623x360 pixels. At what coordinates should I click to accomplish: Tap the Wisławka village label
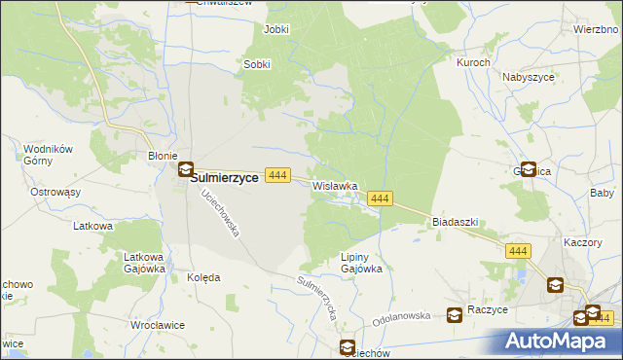click(335, 185)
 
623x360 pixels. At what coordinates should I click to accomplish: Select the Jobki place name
click(276, 29)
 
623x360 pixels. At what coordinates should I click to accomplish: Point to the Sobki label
click(256, 64)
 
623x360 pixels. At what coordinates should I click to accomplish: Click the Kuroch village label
click(473, 61)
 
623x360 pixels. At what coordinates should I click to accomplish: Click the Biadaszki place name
click(455, 221)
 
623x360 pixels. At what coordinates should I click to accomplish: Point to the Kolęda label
click(202, 276)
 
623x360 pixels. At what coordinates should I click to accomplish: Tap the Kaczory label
click(587, 240)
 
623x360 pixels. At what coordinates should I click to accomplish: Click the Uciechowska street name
click(220, 214)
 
